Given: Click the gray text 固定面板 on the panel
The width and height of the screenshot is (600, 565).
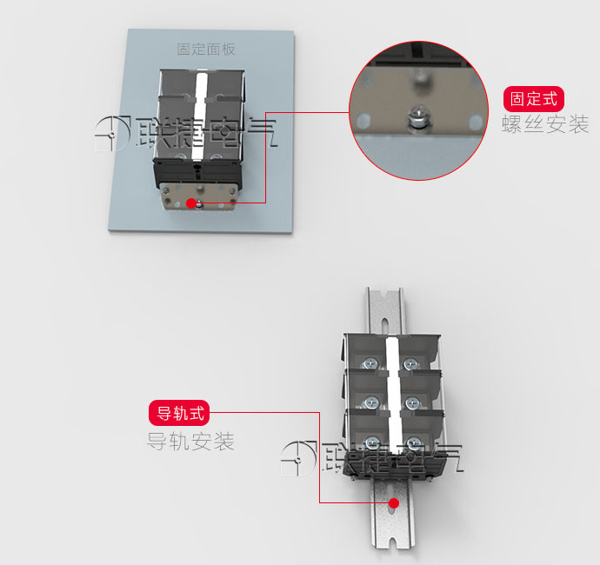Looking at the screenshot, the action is coord(206,50).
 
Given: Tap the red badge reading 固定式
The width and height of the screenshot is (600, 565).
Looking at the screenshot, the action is coord(533,99).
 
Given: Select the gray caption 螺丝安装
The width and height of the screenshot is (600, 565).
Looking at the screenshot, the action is coord(545,124).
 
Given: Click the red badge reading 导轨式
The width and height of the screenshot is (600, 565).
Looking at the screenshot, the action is coord(179,413).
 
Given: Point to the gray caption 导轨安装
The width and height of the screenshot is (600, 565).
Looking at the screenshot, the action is coord(190,441).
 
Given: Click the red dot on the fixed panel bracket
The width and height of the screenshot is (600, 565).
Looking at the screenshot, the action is coord(191,203).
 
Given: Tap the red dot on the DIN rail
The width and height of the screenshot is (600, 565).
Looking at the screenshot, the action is coord(394,503).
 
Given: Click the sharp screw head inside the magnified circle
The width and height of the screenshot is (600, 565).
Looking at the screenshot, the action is coord(418,116).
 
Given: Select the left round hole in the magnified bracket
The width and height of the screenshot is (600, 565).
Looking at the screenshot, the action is coord(363,120).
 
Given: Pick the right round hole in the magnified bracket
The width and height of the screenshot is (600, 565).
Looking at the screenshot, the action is coord(476,122).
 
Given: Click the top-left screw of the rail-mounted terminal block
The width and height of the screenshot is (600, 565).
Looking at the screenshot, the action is coord(370,364).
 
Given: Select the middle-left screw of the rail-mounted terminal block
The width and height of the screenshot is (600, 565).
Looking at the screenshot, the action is coord(371,402).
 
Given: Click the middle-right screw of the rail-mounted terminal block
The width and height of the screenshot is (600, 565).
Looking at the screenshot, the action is coord(411,402).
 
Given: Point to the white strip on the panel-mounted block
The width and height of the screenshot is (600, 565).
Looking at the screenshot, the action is coord(200,116).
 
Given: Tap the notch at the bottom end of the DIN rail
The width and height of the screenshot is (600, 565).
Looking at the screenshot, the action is coord(392,542).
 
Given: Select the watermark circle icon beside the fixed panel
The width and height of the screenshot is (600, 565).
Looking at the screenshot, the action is coord(112,134).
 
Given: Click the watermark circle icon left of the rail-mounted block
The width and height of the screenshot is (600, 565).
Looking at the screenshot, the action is coord(298,459).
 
